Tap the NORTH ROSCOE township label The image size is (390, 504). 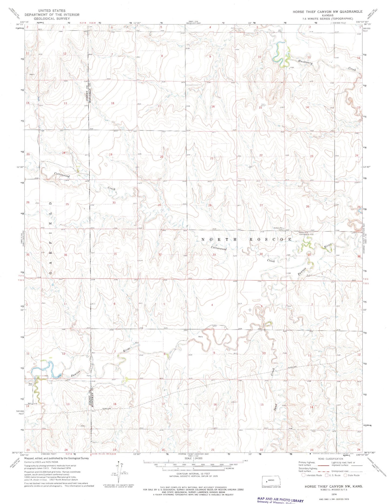click(247, 239)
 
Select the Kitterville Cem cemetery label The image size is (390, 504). click(278, 229)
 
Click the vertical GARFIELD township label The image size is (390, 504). click(50, 238)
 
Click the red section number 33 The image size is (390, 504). click(214, 255)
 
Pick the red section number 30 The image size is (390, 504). click(114, 202)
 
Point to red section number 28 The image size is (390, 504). click(210, 205)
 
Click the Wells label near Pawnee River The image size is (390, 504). click(200, 337)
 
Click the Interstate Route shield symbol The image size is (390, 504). click(303, 475)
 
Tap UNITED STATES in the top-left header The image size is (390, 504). click(52, 11)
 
